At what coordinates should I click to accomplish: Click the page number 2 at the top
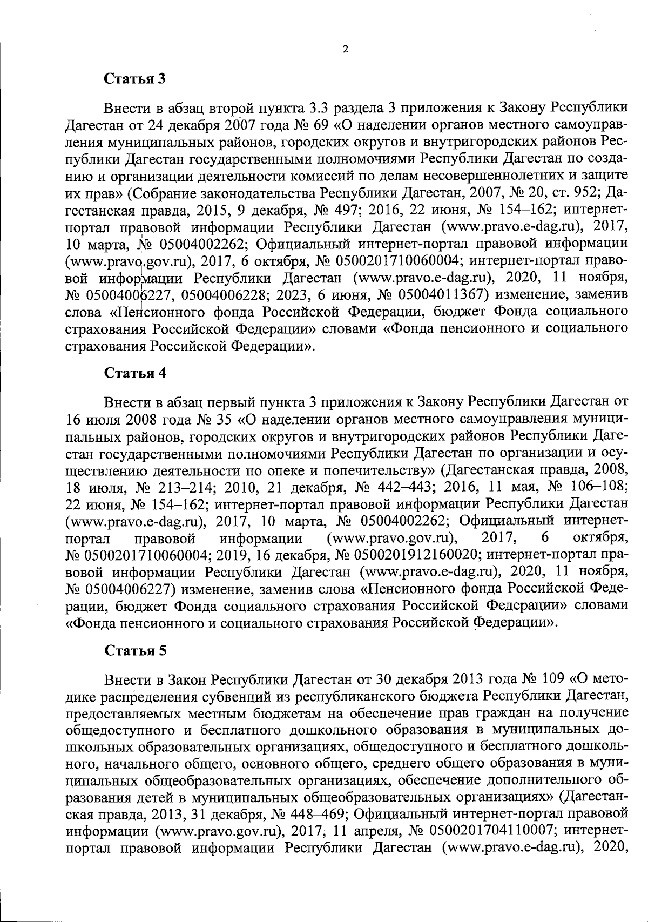(346, 49)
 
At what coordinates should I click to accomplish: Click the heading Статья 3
(135, 78)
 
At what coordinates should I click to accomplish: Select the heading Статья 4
(135, 374)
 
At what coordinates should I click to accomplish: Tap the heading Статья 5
(135, 650)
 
